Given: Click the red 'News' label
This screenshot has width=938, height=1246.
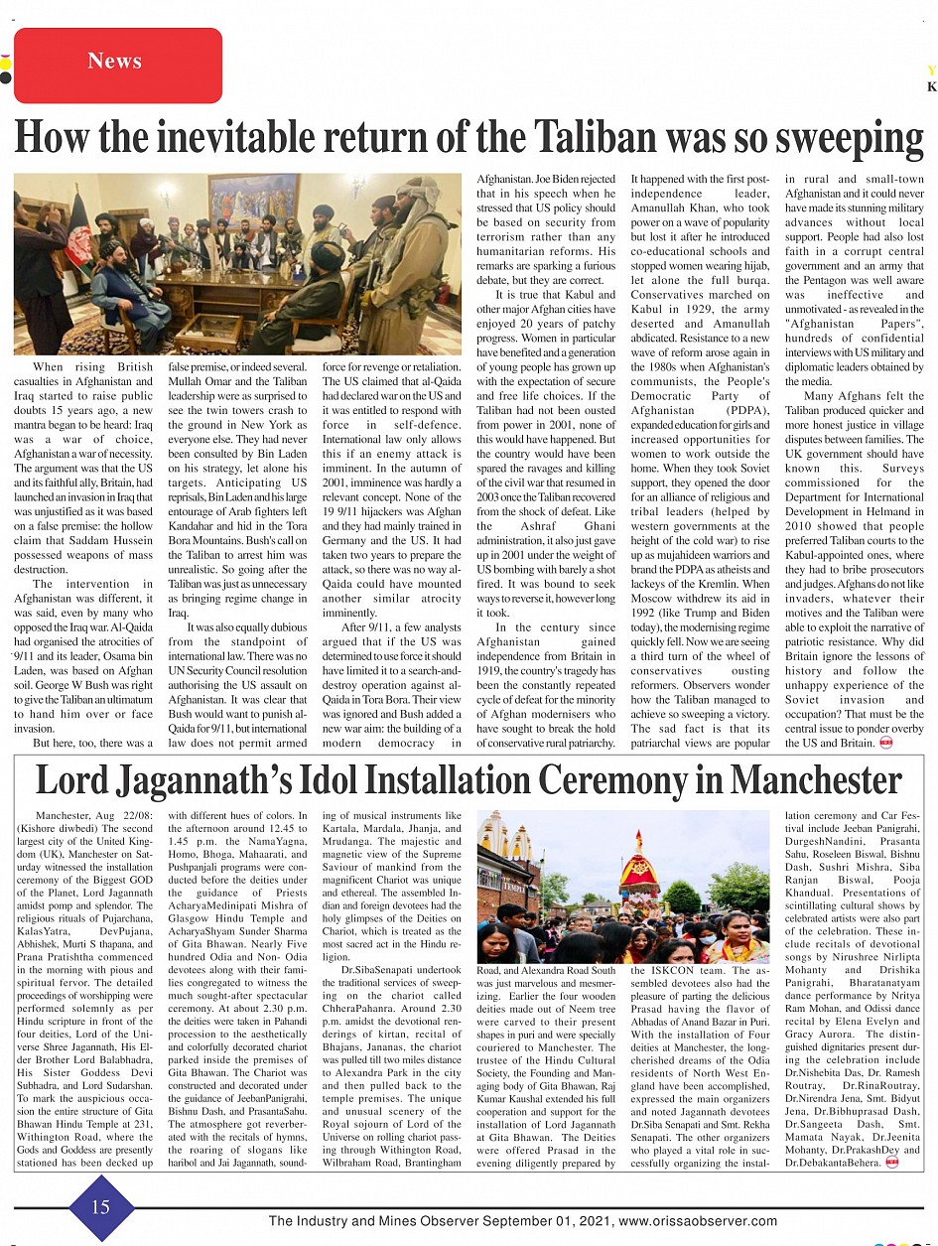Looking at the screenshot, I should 115,63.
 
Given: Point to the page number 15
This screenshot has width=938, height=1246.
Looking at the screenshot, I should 101,1207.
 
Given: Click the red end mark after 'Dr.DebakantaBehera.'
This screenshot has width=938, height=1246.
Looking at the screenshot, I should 891,1163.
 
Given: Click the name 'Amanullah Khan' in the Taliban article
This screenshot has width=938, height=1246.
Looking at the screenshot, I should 700,208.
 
